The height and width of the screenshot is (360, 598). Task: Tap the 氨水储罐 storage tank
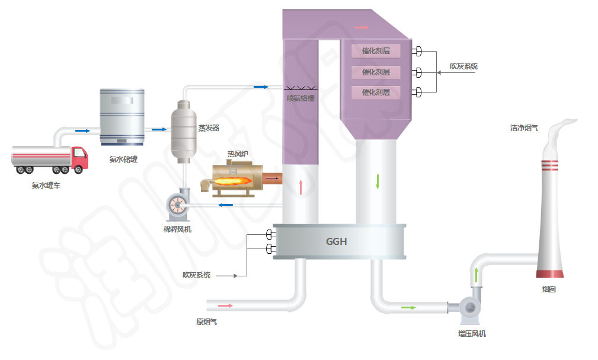point(121,117)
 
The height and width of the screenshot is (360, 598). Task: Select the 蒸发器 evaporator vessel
point(183,129)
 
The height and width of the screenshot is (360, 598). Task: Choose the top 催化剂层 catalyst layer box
point(376,51)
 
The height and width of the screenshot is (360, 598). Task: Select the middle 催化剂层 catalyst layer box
point(376,72)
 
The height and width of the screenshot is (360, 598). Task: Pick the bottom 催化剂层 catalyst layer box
point(376,93)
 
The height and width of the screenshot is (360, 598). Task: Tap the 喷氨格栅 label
point(300,98)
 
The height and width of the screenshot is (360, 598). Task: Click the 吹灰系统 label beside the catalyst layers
point(463,66)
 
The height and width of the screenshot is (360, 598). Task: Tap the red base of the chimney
point(549,273)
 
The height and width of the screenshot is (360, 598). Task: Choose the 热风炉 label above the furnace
point(238,154)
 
